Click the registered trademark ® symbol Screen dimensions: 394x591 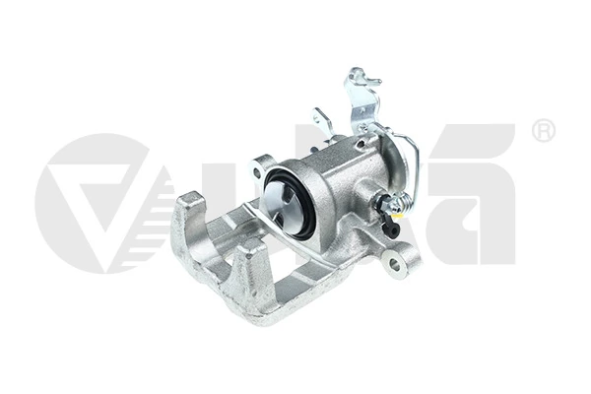pyautogui.click(x=543, y=130)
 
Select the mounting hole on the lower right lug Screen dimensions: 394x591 pyautogui.click(x=394, y=263)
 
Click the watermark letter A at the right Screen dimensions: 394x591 pyautogui.click(x=483, y=197)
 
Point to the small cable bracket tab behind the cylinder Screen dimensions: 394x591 pyautogui.click(x=321, y=123)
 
